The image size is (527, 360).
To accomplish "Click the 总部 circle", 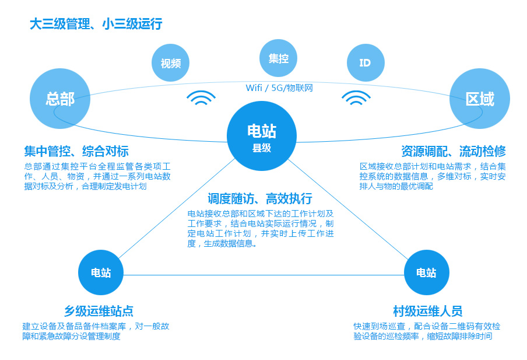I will (x=60, y=99).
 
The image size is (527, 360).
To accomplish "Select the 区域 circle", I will (x=480, y=99).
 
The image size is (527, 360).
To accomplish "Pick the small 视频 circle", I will (x=171, y=63).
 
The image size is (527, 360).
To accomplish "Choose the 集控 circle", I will (x=278, y=58).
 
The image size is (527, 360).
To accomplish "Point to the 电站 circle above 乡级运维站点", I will (x=101, y=272).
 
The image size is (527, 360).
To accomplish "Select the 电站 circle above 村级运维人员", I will (x=426, y=272).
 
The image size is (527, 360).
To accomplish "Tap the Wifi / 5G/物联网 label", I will (x=279, y=88).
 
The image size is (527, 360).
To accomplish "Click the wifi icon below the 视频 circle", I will (x=201, y=98).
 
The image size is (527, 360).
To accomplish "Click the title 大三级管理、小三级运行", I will (x=96, y=25).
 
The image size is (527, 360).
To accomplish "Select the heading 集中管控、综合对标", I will (x=76, y=152).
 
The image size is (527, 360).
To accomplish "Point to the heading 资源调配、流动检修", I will (x=453, y=152).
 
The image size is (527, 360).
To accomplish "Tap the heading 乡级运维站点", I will (x=99, y=311).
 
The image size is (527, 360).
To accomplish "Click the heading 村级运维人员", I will (x=428, y=311).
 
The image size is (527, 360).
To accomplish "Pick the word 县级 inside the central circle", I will (x=262, y=148).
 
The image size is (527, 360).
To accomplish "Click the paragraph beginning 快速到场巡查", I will (x=426, y=331).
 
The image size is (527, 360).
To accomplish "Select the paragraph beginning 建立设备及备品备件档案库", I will (x=96, y=331).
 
